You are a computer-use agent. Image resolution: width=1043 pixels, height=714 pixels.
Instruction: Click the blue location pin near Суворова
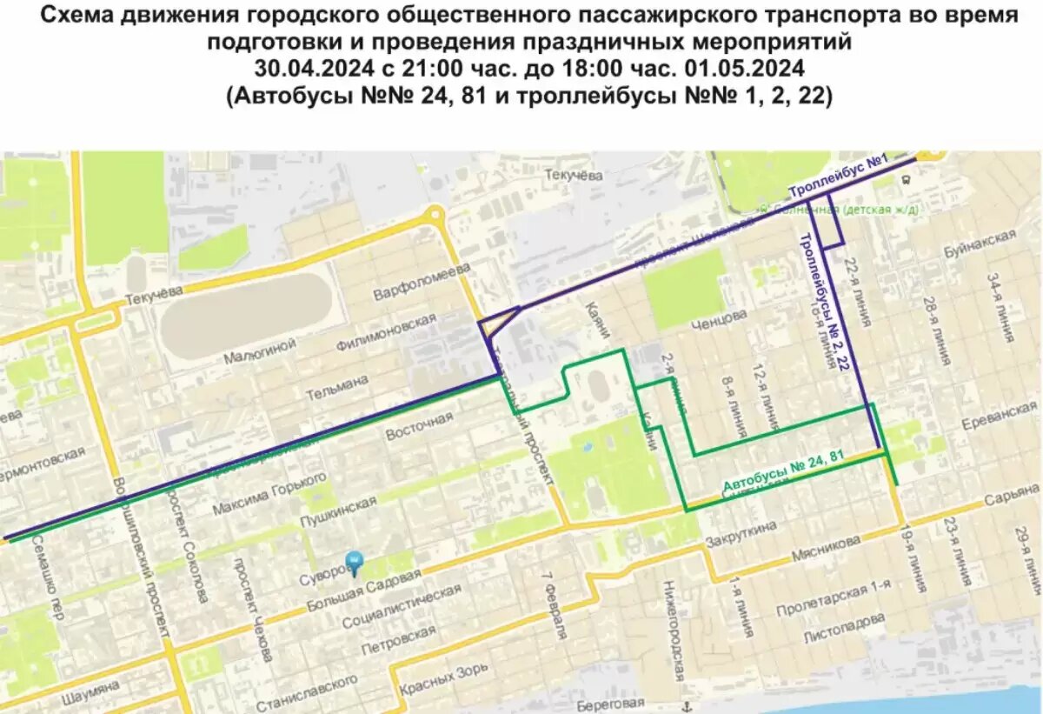tap(354, 562)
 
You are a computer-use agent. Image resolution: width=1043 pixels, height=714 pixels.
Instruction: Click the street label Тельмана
tap(336, 388)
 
